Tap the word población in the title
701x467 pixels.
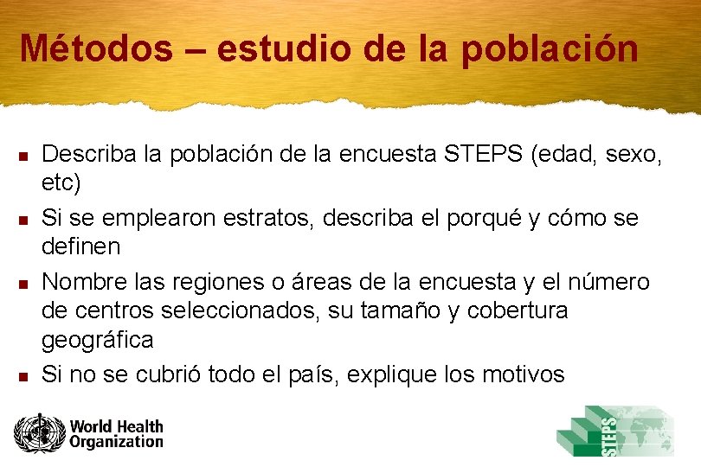pos(550,49)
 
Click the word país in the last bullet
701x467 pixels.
pos(289,374)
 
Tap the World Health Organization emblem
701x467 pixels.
pos(39,433)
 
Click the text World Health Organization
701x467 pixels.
pos(116,433)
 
